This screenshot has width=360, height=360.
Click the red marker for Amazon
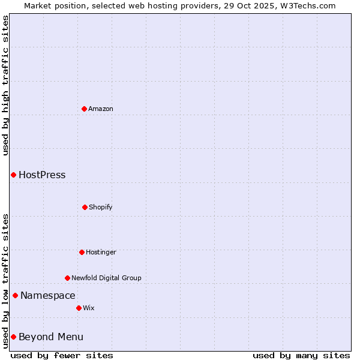pos(84,109)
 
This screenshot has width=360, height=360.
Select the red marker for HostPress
pos(13,175)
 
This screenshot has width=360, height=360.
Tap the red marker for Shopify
pos(85,207)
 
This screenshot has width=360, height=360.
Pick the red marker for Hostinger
pos(82,252)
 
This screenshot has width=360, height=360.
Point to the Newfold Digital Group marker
pos(67,278)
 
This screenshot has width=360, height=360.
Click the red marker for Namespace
pos(15,295)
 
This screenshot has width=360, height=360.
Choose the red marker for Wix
pos(79,308)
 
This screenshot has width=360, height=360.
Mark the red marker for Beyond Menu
pos(13,337)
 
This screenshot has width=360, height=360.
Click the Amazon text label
pos(101,109)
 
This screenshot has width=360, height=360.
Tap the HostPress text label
pos(42,175)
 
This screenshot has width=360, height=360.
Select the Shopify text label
pos(101,207)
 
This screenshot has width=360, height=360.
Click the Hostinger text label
pos(101,252)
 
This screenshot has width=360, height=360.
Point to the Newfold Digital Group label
pos(106,278)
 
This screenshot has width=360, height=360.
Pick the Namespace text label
pos(48,295)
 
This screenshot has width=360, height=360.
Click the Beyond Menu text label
pos(51,337)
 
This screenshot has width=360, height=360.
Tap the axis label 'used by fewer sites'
pos(62,355)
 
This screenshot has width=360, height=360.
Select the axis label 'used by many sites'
pos(301,355)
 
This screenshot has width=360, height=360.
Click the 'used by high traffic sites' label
pos(5,85)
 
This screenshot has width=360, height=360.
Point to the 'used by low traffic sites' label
pos(5,281)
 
